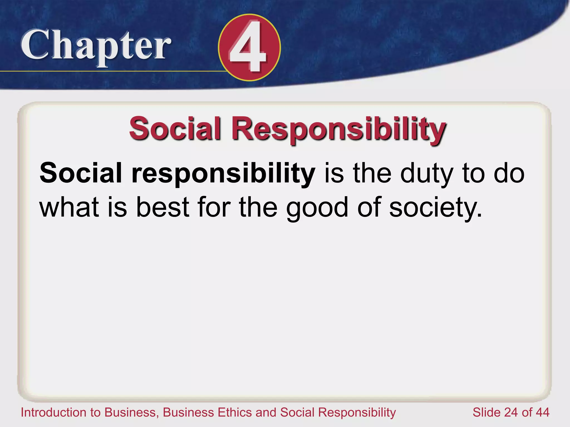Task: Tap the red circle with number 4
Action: pyautogui.click(x=249, y=48)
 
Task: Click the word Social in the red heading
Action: pyautogui.click(x=175, y=128)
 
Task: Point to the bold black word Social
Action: pyautogui.click(x=81, y=173)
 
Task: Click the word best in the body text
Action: pyautogui.click(x=163, y=207)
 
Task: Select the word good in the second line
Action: pyautogui.click(x=317, y=208)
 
